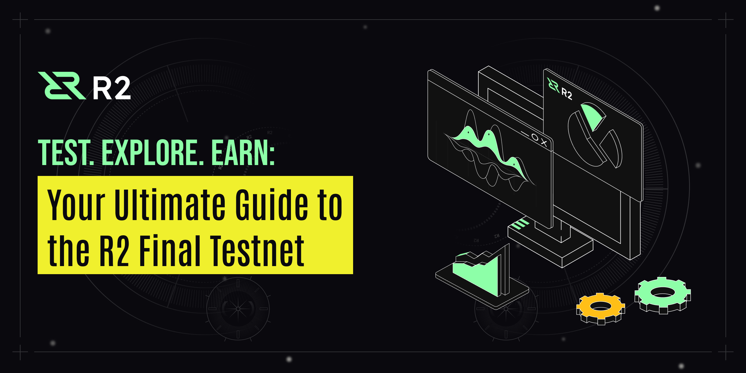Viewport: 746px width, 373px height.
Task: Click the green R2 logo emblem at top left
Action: click(62, 85)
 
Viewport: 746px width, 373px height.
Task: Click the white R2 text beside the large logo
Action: click(112, 88)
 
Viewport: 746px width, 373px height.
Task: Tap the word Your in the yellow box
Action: click(76, 205)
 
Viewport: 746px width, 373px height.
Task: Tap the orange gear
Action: click(601, 309)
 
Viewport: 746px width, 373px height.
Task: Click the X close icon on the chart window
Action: click(544, 142)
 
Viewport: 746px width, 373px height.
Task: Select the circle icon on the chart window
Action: click(535, 137)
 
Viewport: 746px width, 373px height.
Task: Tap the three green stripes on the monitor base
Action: click(520, 224)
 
